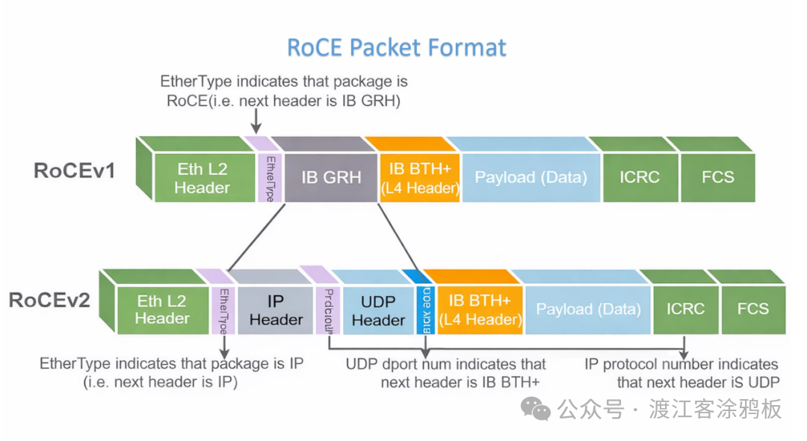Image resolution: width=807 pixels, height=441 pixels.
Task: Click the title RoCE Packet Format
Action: coord(397,48)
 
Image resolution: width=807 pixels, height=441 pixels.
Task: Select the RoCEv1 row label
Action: coord(75,170)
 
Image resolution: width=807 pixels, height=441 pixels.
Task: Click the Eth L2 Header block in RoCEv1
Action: coord(202,178)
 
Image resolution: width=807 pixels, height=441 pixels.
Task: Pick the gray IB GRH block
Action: coord(331,178)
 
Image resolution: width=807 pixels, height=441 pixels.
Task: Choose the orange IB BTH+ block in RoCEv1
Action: coord(418,178)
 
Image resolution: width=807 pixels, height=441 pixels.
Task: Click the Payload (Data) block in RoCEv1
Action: coord(531,178)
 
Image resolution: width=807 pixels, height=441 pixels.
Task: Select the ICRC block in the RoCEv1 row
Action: coord(639,178)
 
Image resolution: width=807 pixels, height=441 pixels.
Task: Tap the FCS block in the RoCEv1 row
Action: coord(717,178)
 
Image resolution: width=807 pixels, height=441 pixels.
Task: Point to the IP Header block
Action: coord(276,310)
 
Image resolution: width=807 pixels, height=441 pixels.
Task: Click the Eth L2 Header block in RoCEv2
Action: coord(162,310)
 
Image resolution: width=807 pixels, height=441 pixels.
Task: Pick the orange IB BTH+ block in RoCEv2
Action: coord(479,310)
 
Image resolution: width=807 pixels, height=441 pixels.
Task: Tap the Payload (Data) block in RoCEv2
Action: coord(588,310)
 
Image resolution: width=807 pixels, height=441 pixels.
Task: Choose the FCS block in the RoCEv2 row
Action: coord(752,309)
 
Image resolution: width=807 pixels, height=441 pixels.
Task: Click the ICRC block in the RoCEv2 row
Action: coord(685,309)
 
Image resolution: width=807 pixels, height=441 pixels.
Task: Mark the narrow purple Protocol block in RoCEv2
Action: coord(327,310)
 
